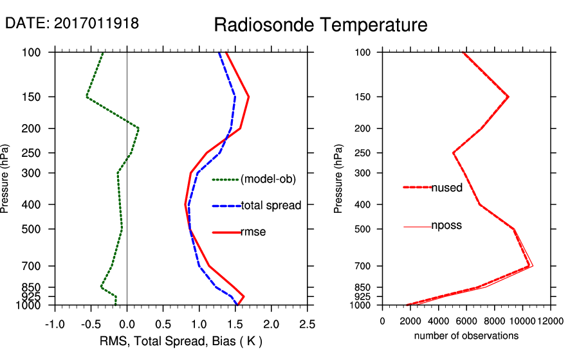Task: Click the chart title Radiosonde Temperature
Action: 320,25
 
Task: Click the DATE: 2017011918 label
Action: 72,23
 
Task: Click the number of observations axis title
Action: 466,336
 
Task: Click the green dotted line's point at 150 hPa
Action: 86,97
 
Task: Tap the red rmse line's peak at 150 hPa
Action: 248,97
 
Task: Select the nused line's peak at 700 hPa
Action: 529,265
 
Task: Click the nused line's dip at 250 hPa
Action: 454,153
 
